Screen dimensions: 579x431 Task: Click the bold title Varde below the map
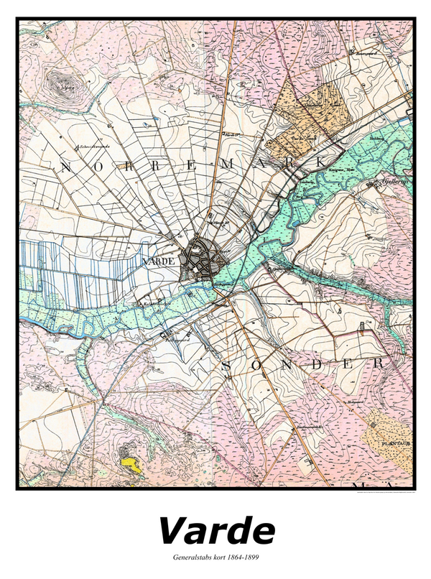pyautogui.click(x=216, y=531)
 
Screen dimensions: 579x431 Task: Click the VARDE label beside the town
pyautogui.click(x=159, y=261)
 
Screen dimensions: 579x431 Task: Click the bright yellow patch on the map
pyautogui.click(x=131, y=463)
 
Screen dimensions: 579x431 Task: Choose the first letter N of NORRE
pyautogui.click(x=65, y=168)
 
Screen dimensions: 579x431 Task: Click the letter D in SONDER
pyautogui.click(x=316, y=364)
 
